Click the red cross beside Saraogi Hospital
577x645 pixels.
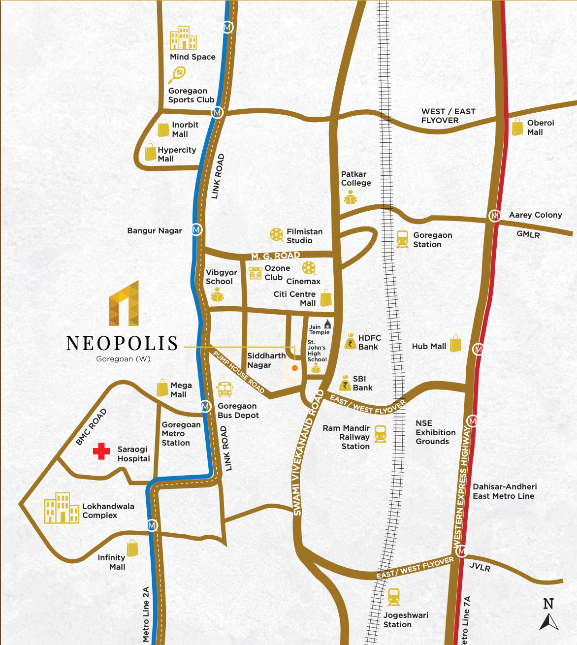pos(101,451)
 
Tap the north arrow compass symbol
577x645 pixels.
pos(548,615)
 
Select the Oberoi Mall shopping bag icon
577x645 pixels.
pos(517,127)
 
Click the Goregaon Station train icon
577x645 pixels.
pos(402,239)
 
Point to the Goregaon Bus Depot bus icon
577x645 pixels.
pos(224,389)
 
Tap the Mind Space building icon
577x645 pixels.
pos(183,38)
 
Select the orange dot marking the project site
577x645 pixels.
pos(294,368)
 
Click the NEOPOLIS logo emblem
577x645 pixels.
pos(124,304)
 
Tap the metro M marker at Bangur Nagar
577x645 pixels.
pos(196,230)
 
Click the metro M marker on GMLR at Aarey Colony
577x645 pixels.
pos(494,216)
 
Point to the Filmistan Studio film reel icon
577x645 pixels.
pos(276,235)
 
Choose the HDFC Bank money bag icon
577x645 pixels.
pos(350,341)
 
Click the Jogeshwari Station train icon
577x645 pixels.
pos(393,597)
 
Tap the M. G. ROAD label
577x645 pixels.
pos(276,256)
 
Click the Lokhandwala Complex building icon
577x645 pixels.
pos(61,508)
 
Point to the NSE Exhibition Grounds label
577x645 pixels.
pos(435,432)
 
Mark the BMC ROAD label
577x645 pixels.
pos(91,427)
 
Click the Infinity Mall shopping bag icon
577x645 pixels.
pos(132,548)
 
